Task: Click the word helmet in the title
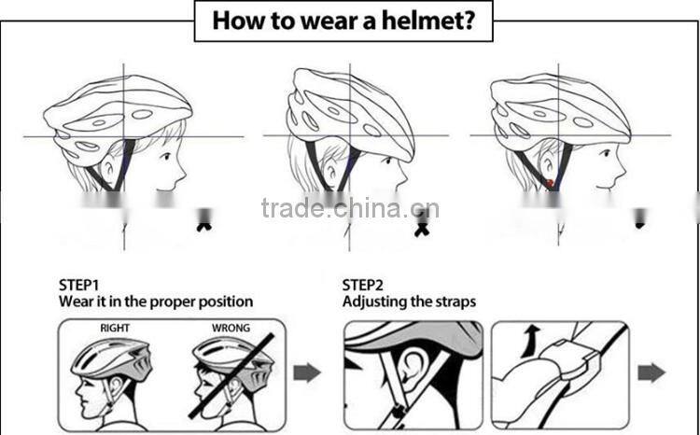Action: (x=424, y=21)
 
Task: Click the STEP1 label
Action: (x=79, y=284)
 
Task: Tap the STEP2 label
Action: (x=363, y=284)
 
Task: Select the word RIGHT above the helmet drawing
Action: (x=116, y=328)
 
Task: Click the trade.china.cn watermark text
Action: (x=350, y=207)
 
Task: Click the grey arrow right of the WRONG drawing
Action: (x=307, y=373)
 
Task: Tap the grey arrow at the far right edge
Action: (x=651, y=373)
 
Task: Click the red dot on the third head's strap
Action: (x=552, y=182)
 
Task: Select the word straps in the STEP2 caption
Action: (x=456, y=302)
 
